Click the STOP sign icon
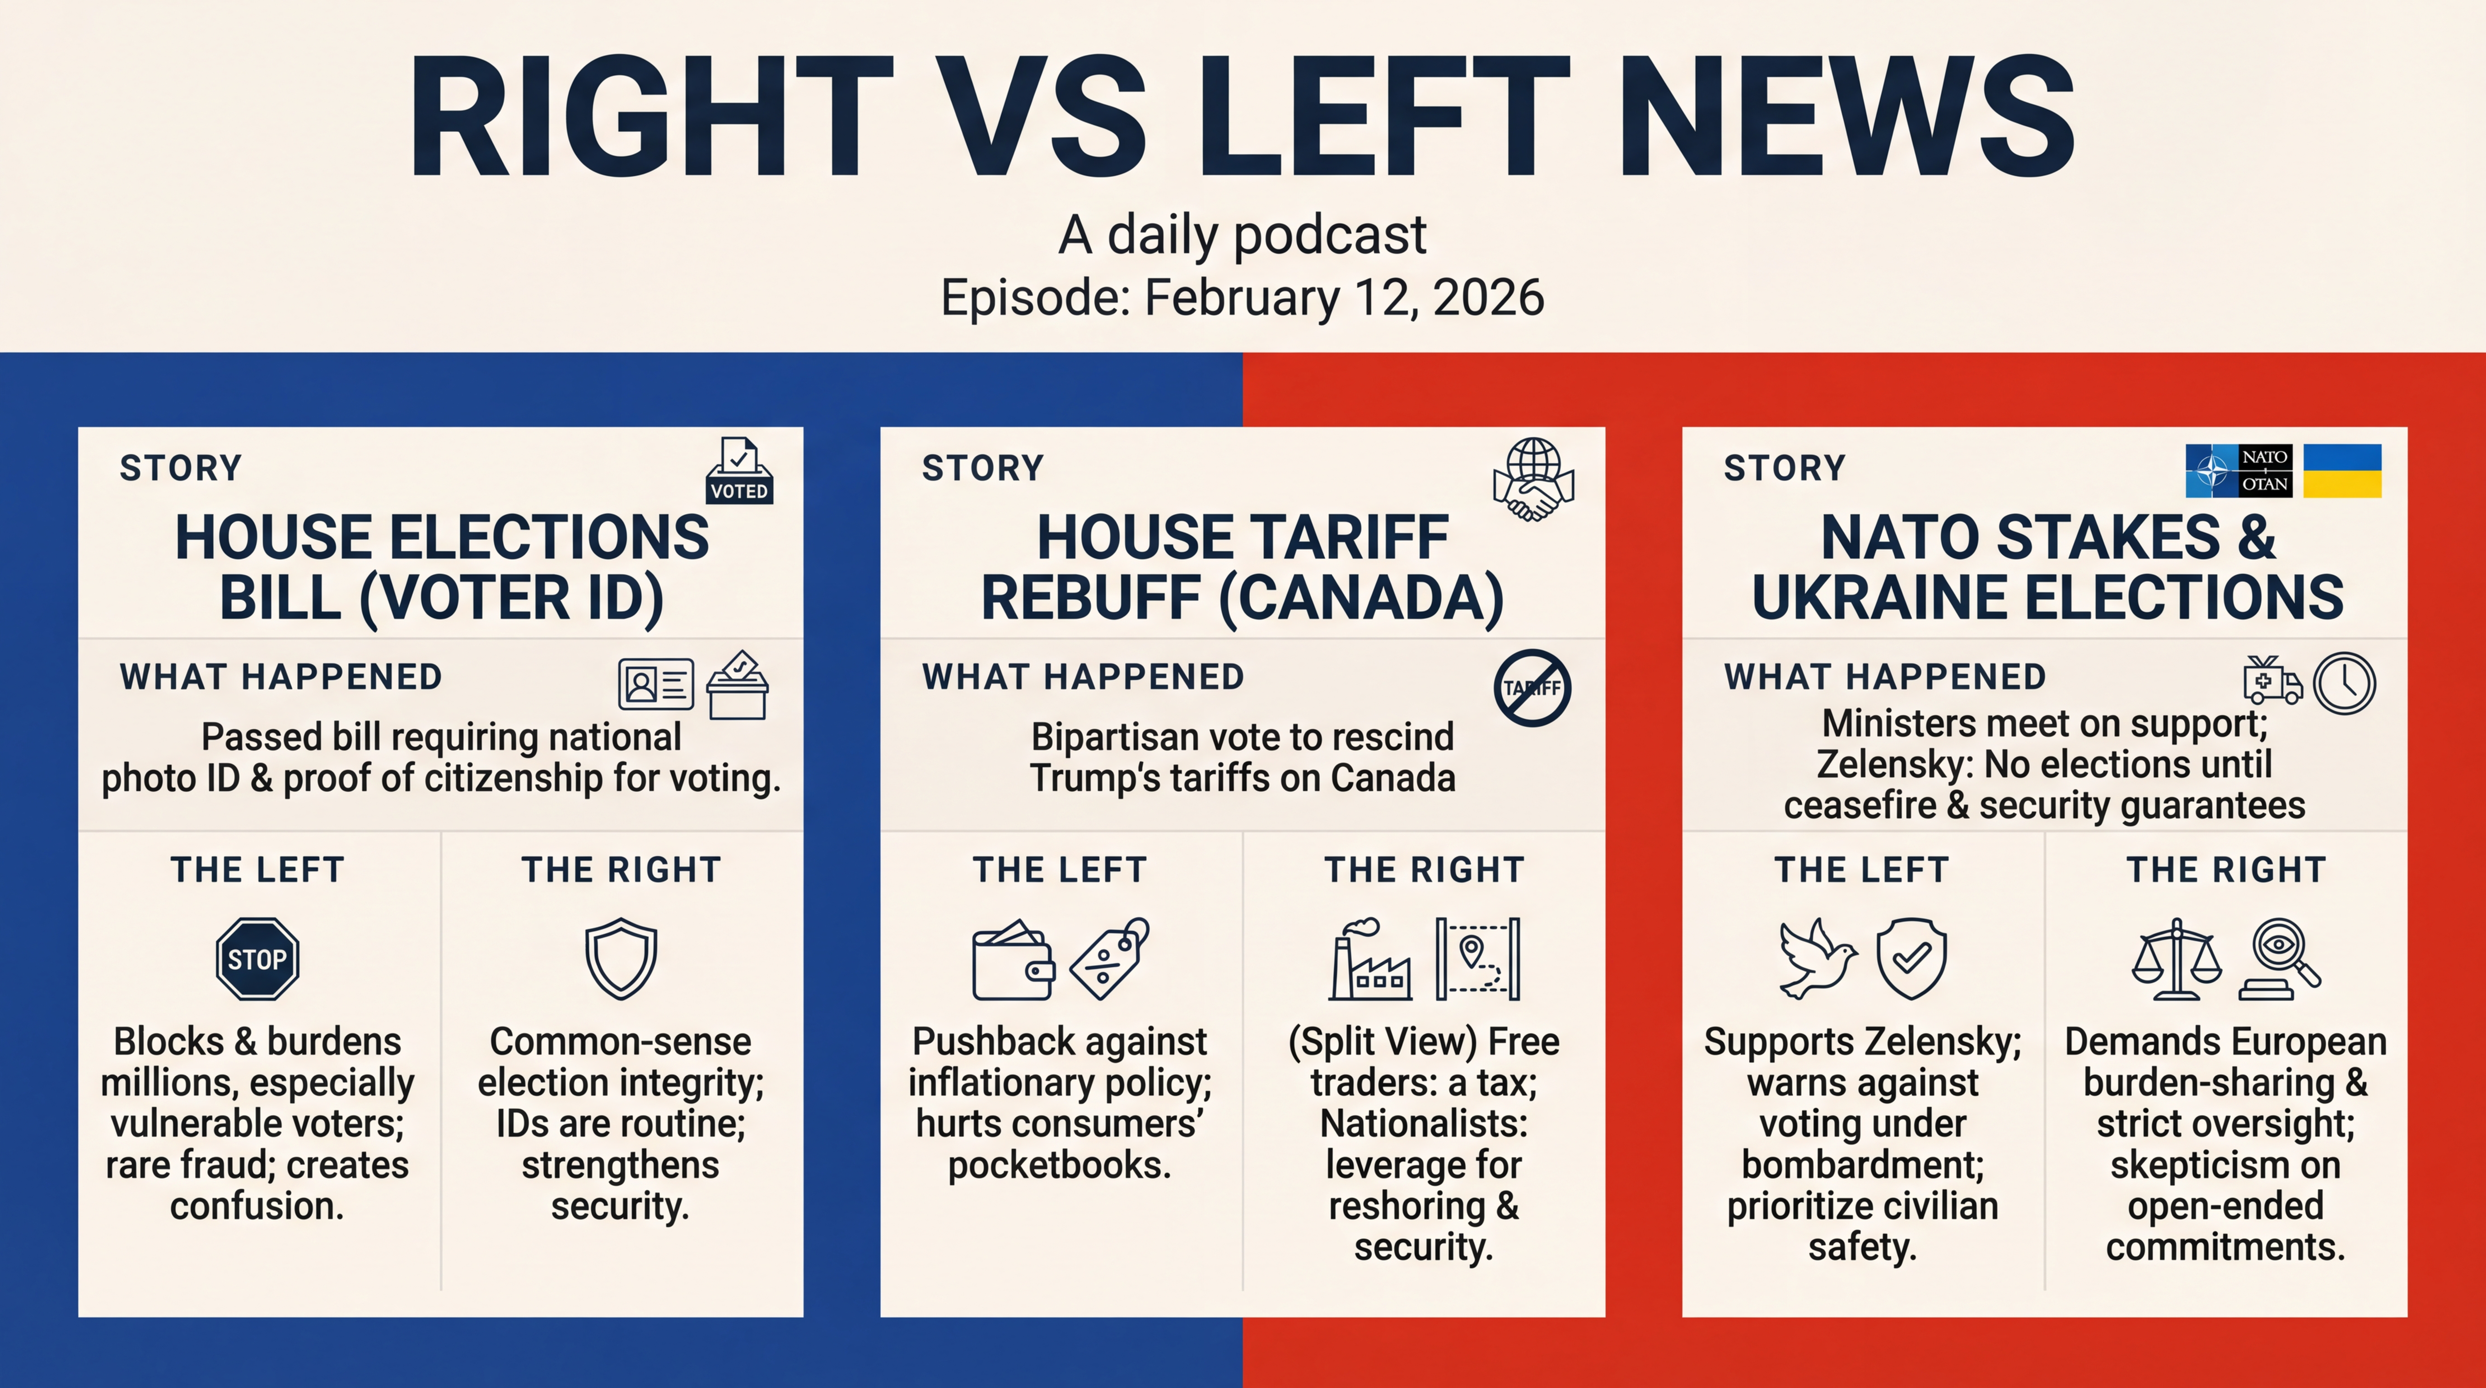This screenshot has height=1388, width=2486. click(257, 958)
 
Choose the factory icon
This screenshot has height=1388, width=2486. click(1369, 961)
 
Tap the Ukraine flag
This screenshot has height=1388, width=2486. click(2342, 471)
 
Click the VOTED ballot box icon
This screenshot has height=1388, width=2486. click(739, 471)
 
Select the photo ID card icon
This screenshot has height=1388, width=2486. click(655, 685)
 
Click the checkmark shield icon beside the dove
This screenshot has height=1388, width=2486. click(1911, 958)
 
